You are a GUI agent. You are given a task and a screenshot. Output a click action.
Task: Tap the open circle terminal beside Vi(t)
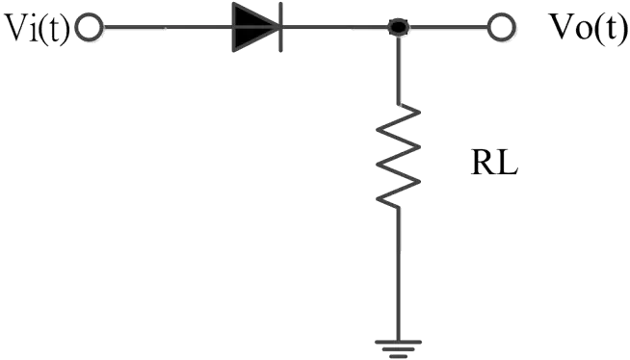click(x=90, y=28)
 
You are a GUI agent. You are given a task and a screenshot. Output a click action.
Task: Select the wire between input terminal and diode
click(x=168, y=28)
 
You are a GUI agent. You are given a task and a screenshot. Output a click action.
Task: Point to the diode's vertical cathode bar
click(x=281, y=27)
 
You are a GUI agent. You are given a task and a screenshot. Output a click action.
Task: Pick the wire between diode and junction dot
click(x=336, y=27)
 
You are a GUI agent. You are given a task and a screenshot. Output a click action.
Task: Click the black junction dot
click(x=399, y=27)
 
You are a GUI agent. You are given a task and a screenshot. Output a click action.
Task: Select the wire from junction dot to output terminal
click(x=448, y=28)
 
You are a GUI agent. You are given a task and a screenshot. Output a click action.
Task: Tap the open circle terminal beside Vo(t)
click(x=502, y=28)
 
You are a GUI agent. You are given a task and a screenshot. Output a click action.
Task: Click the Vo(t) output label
click(x=588, y=28)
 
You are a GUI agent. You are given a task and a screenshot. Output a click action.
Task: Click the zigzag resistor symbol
click(x=398, y=156)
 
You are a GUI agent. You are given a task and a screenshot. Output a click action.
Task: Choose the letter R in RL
click(x=484, y=164)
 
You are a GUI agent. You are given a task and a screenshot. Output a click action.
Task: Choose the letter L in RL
click(x=507, y=164)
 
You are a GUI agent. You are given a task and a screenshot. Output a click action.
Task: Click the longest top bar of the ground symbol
click(x=398, y=343)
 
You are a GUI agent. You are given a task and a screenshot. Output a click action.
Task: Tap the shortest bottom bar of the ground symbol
click(x=398, y=356)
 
